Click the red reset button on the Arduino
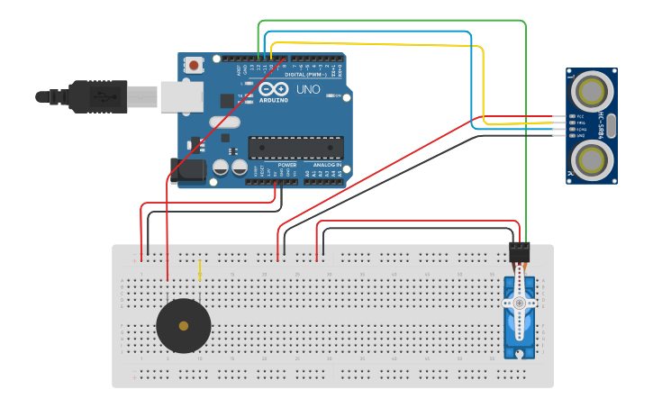click(x=193, y=65)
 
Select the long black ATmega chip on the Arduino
click(x=295, y=147)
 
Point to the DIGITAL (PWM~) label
click(x=304, y=75)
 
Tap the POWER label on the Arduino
click(x=287, y=166)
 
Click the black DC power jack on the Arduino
click(x=188, y=169)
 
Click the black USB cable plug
click(x=100, y=96)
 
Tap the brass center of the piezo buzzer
click(x=184, y=326)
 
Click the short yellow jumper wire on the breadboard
click(x=200, y=270)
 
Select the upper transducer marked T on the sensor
click(x=592, y=91)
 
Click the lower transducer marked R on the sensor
click(x=592, y=160)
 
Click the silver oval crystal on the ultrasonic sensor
click(x=612, y=125)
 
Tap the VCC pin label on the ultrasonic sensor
click(x=580, y=116)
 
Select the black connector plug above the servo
click(x=520, y=252)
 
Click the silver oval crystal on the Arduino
click(x=225, y=123)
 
